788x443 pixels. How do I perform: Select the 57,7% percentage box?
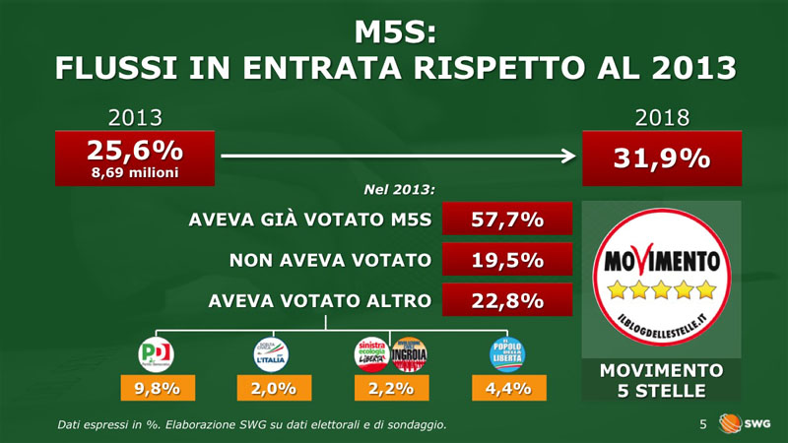[x=507, y=221]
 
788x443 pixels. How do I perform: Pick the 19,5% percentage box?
[x=507, y=261]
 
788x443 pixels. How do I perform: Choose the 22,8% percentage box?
[x=507, y=301]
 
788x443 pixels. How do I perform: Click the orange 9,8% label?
[x=157, y=388]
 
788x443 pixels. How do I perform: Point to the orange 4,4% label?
[x=508, y=388]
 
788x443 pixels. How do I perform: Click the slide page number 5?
[x=703, y=424]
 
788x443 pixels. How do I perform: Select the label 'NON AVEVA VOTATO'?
[x=330, y=261]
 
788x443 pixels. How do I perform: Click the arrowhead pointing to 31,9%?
[x=570, y=156]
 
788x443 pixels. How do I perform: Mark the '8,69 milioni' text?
[x=135, y=171]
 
